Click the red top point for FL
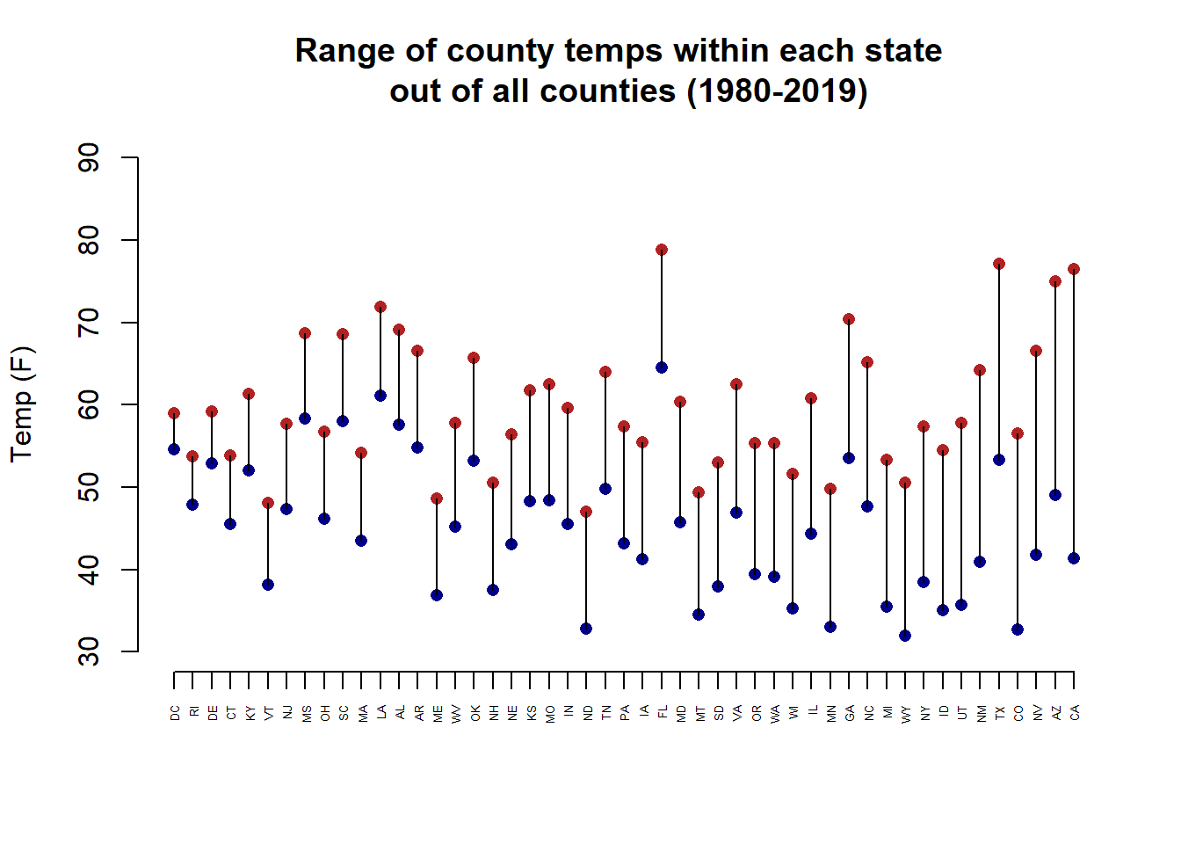click(x=662, y=250)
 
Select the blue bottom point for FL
click(x=662, y=367)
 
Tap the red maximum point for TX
click(x=999, y=264)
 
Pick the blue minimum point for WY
click(x=905, y=636)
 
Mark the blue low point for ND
click(x=586, y=629)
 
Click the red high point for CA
click(x=1074, y=269)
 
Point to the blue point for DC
click(x=174, y=449)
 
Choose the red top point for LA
click(x=380, y=307)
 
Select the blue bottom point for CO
click(x=1018, y=629)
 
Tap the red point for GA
click(x=849, y=319)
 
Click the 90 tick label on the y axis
click(x=89, y=158)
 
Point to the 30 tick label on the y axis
click(x=89, y=651)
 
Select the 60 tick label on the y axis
click(x=89, y=404)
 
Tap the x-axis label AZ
click(x=1055, y=712)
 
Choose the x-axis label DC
click(x=174, y=712)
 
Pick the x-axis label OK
click(x=475, y=712)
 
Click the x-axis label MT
click(x=699, y=712)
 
